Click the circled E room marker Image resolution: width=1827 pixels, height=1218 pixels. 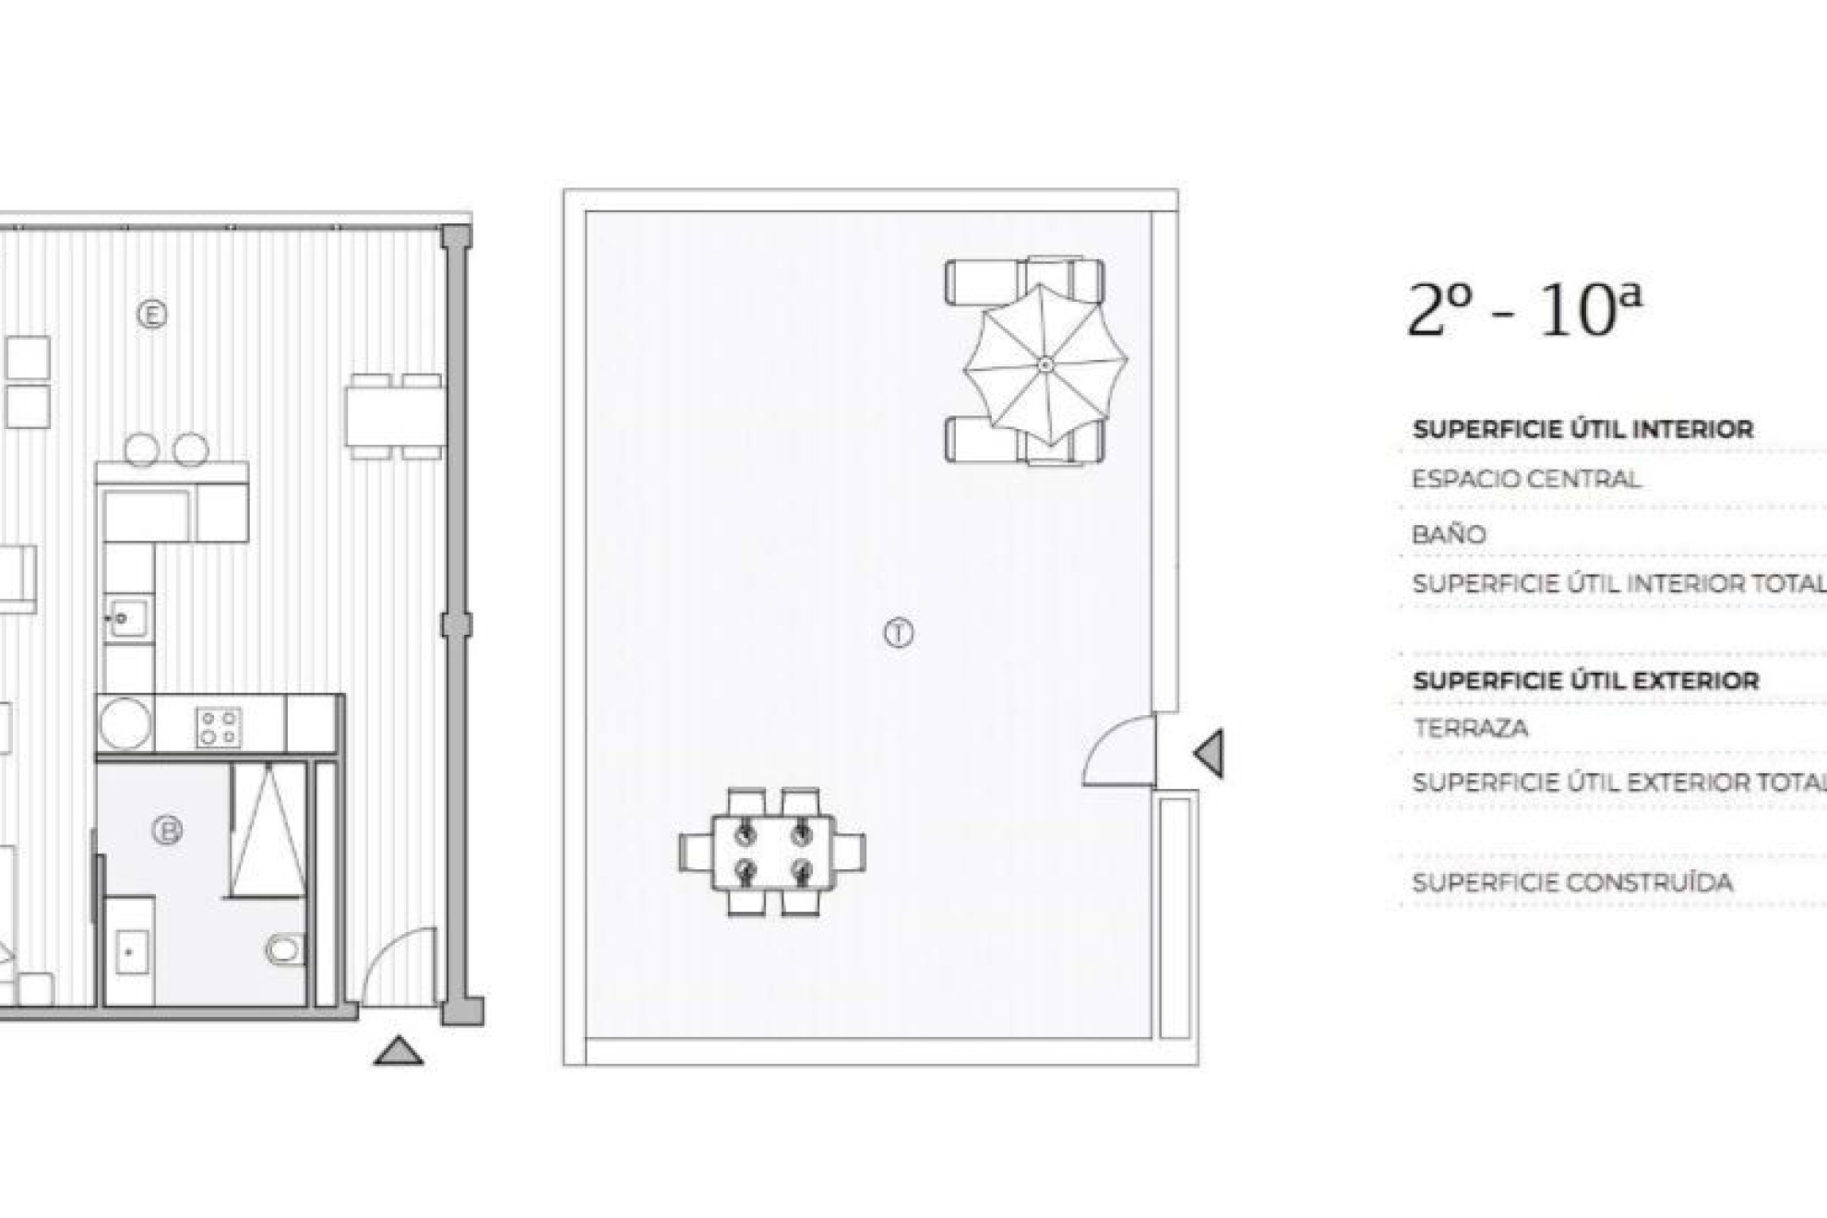pyautogui.click(x=152, y=315)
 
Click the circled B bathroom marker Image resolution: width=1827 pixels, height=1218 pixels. pyautogui.click(x=167, y=830)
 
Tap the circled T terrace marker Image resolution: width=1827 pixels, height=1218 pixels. pyautogui.click(x=899, y=634)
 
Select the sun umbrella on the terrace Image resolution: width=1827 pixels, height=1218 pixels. pyautogui.click(x=1045, y=365)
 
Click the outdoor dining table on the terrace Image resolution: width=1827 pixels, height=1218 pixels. pyautogui.click(x=773, y=852)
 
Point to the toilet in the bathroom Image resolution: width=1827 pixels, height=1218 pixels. pyautogui.click(x=284, y=949)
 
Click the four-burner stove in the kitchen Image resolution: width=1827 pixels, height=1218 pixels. pyautogui.click(x=219, y=726)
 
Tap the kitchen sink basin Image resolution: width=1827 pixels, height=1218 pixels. pyautogui.click(x=126, y=618)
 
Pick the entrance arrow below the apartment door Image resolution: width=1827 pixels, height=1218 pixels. pyautogui.click(x=399, y=1051)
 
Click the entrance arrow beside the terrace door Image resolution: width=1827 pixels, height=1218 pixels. pyautogui.click(x=1210, y=753)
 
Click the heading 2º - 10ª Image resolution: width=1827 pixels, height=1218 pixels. pyautogui.click(x=1524, y=311)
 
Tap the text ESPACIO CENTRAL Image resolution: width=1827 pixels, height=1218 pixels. pyautogui.click(x=1526, y=480)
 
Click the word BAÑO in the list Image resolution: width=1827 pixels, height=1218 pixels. pyautogui.click(x=1449, y=534)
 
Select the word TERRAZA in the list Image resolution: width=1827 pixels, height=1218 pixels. pyautogui.click(x=1471, y=728)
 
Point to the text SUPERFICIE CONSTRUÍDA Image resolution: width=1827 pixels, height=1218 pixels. pyautogui.click(x=1572, y=882)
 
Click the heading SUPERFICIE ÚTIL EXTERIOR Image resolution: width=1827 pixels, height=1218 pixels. pyautogui.click(x=1585, y=681)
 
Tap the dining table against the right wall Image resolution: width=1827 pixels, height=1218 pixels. pyautogui.click(x=396, y=416)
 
